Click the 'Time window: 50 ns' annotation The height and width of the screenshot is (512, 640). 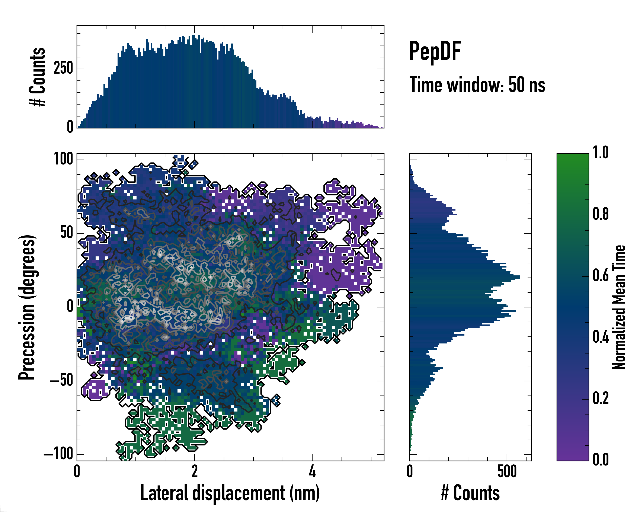[x=477, y=85]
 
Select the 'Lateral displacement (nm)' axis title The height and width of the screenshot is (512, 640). [x=230, y=493]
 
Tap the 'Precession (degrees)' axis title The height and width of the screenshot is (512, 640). [x=27, y=307]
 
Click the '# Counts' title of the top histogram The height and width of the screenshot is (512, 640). [x=38, y=77]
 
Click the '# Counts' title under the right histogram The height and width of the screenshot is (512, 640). [x=470, y=493]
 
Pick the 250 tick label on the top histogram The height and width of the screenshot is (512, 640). [x=63, y=68]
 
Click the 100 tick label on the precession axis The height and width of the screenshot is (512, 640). [x=63, y=159]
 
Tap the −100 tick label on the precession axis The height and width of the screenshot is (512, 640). [x=58, y=454]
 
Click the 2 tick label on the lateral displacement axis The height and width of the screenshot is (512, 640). [x=194, y=471]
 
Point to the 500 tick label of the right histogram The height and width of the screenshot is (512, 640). [x=507, y=471]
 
